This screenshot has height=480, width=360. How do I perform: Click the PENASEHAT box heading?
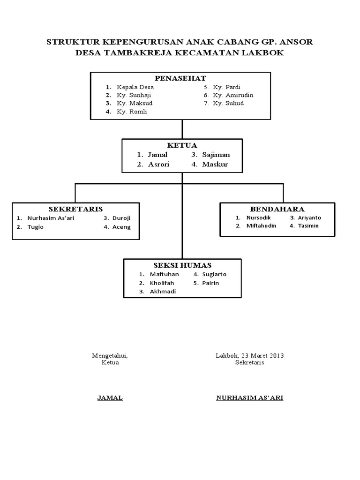click(x=180, y=78)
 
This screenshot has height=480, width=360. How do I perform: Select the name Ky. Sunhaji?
click(x=134, y=95)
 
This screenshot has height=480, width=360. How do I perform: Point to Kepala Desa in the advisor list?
click(x=135, y=87)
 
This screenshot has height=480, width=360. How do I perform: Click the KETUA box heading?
click(x=182, y=145)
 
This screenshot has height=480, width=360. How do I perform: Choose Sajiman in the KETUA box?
click(x=216, y=155)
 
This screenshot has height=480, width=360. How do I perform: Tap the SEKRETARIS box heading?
click(x=75, y=209)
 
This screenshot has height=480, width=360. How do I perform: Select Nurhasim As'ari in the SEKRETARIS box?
click(x=51, y=218)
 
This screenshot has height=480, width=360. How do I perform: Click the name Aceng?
click(x=122, y=227)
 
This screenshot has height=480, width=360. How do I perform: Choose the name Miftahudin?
click(x=261, y=226)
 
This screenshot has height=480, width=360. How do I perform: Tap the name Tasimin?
click(x=308, y=226)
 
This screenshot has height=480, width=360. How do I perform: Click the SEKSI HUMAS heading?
click(x=182, y=265)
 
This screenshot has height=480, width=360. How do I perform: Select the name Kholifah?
click(x=162, y=283)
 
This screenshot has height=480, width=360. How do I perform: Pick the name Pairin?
click(x=211, y=283)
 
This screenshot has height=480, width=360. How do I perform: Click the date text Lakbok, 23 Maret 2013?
click(x=250, y=355)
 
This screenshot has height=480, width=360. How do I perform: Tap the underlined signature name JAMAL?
click(x=110, y=398)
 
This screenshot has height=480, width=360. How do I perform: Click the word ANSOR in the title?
click(x=295, y=42)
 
